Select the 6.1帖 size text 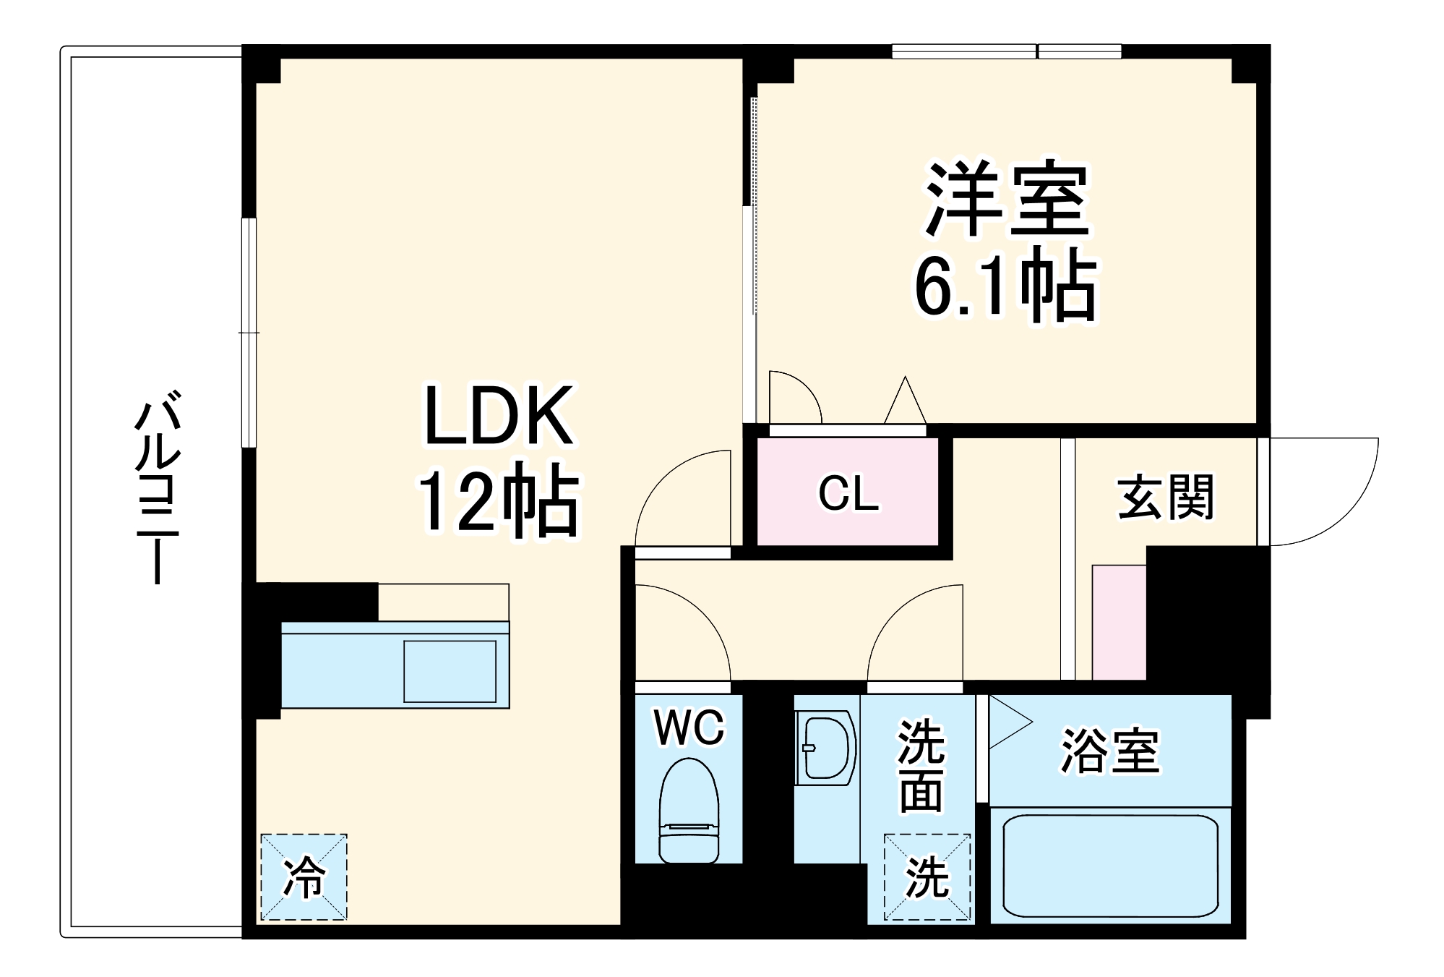[1005, 286]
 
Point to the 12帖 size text [499, 503]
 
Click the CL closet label [848, 494]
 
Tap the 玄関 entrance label [1166, 498]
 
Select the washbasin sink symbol [826, 748]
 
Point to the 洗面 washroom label [921, 767]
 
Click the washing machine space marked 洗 [927, 877]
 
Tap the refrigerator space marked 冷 [304, 877]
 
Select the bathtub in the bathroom [1109, 866]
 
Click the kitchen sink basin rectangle [450, 671]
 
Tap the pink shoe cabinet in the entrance [1119, 622]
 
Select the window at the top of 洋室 [1006, 51]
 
